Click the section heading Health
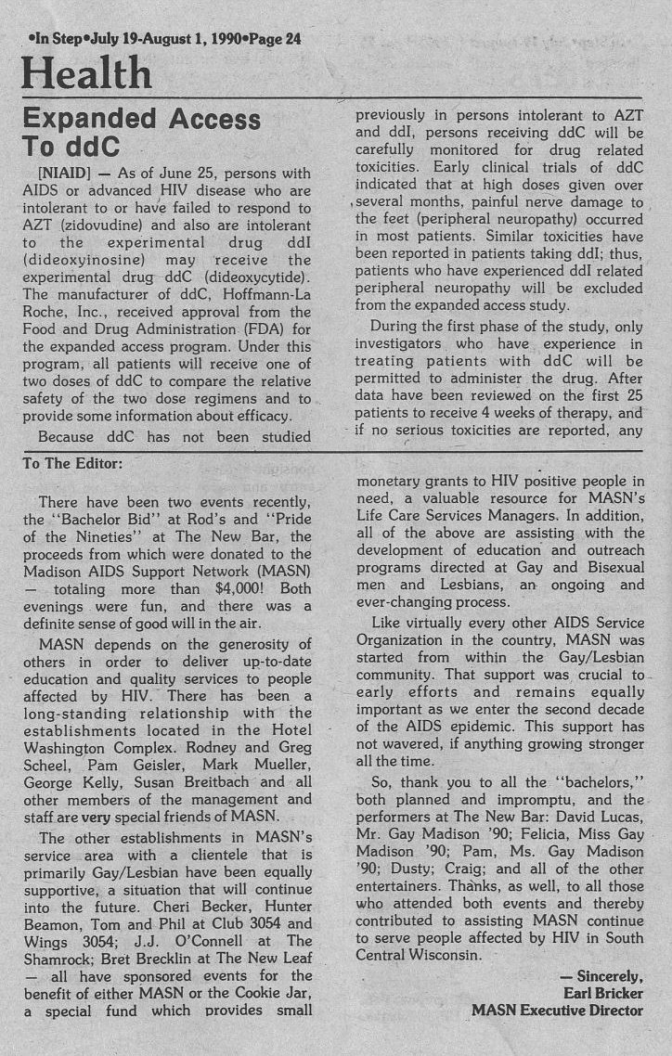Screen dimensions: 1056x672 [x=86, y=72]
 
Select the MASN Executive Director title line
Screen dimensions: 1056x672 [x=557, y=1010]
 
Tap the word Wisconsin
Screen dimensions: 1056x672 [x=435, y=957]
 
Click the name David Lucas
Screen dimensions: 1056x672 [x=596, y=818]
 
